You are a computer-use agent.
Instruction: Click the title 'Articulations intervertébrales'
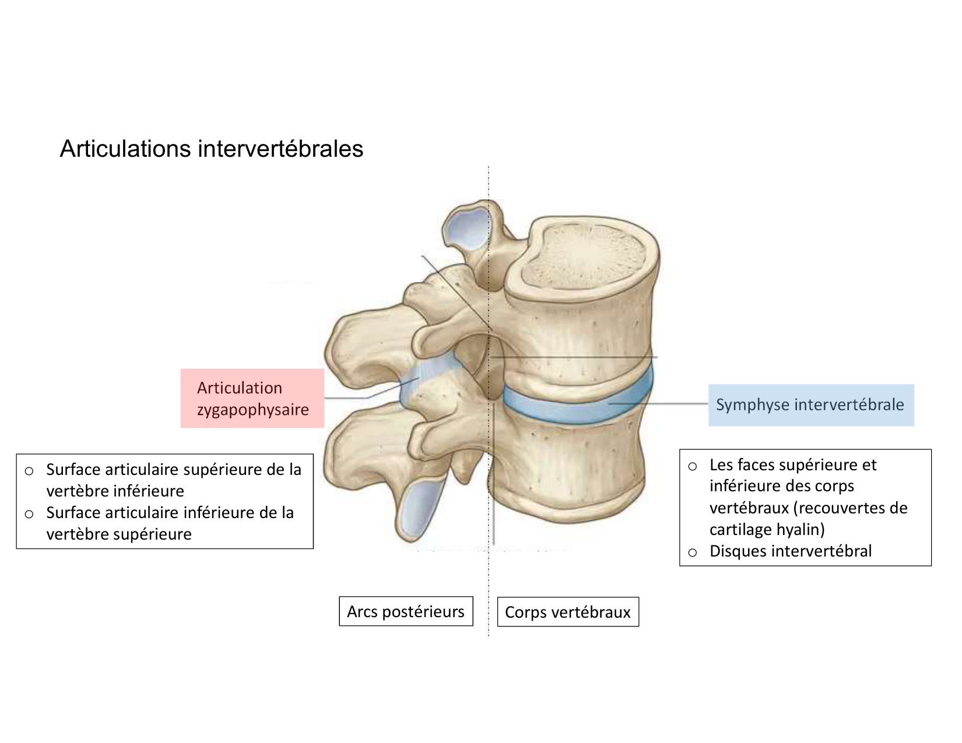(211, 149)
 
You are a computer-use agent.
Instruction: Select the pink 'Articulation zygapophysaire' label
(252, 399)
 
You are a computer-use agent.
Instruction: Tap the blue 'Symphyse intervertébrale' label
(810, 405)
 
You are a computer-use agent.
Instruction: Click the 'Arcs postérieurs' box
(406, 611)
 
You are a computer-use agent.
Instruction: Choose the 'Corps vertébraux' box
(568, 612)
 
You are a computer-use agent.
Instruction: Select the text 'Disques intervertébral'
(791, 551)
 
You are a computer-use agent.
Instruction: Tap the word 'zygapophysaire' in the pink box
(252, 410)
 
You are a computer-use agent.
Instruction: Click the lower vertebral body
(577, 466)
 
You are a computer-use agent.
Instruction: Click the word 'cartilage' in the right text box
(736, 529)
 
